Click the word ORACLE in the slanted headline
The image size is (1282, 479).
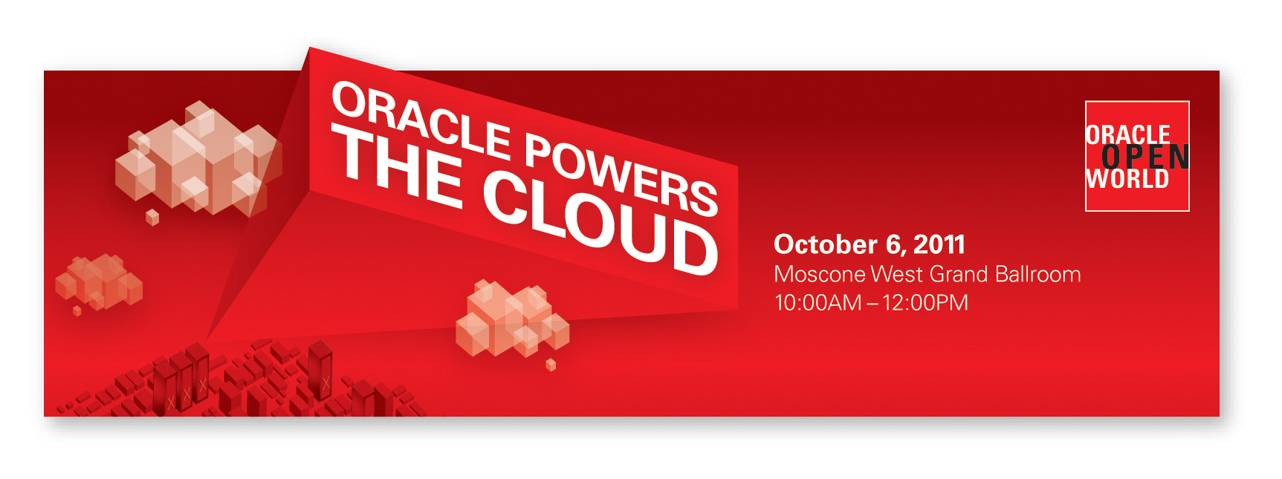[x=422, y=120]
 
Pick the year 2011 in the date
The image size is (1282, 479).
[x=939, y=244]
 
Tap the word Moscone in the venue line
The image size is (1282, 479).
[x=820, y=274]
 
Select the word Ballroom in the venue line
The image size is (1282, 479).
[x=1037, y=274]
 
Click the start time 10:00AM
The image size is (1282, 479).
[x=818, y=303]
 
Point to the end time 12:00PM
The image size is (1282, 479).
[x=925, y=303]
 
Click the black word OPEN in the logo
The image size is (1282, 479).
[x=1145, y=157]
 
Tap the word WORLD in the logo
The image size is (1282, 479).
[x=1127, y=179]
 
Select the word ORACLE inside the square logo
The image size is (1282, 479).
[x=1128, y=134]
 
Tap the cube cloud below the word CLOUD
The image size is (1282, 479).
[x=512, y=317]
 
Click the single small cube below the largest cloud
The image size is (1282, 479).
[x=152, y=217]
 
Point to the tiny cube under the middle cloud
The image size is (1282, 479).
[x=551, y=365]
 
